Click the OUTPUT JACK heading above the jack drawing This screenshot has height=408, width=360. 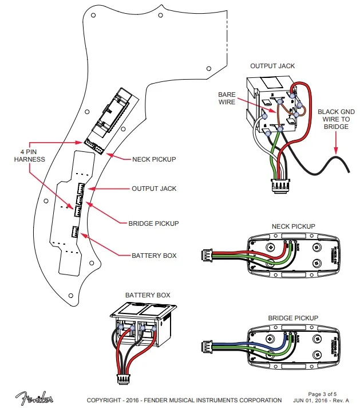[272, 66]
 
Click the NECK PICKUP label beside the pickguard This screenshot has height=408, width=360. [153, 159]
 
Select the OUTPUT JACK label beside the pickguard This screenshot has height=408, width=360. [154, 189]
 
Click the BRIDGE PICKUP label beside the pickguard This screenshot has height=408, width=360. [154, 223]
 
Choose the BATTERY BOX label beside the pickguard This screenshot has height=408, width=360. [154, 255]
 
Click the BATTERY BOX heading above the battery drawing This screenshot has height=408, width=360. [148, 295]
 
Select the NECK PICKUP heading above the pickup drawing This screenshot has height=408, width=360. [293, 227]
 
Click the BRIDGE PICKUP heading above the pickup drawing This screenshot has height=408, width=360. [293, 317]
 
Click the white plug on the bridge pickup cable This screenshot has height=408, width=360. [207, 346]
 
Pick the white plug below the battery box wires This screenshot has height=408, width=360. [123, 378]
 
